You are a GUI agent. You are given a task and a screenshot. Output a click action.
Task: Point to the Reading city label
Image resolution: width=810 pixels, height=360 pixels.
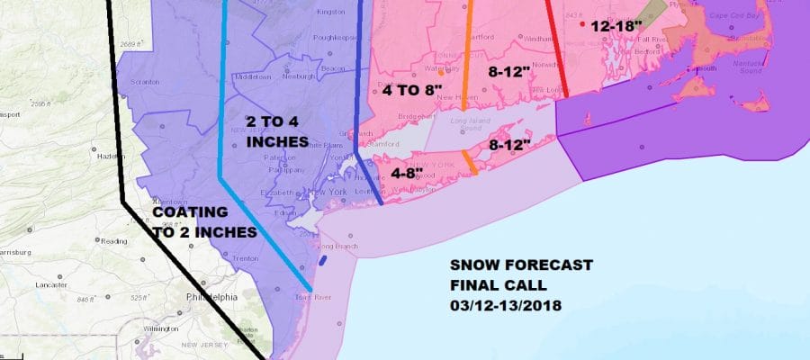pos(114,240)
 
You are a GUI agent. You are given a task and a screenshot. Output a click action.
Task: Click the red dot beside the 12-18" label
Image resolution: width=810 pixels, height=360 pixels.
pos(583,25)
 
